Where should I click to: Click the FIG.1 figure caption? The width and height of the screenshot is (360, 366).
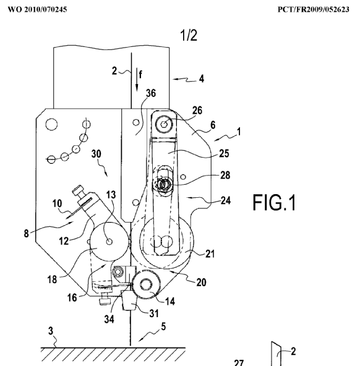274,203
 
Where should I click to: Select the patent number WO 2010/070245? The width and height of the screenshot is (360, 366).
37,9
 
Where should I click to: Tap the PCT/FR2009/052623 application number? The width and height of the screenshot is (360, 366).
314,9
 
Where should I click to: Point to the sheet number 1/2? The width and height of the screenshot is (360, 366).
189,35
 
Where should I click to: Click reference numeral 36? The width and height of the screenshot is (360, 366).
151,93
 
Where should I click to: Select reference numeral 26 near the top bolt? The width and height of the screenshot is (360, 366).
197,110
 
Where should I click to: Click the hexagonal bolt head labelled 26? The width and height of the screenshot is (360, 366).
165,123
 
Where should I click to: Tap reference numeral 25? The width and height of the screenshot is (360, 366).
224,153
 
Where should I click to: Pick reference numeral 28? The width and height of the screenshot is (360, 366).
225,175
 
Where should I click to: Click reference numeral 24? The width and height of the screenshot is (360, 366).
226,200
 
